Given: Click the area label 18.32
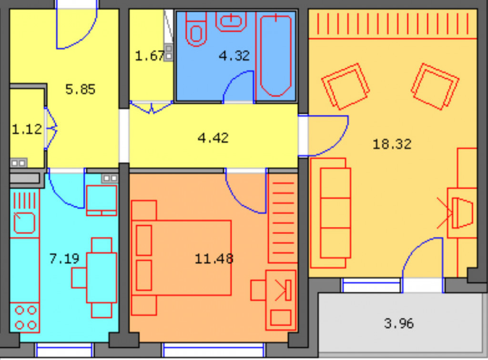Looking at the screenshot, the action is pyautogui.click(x=392, y=144).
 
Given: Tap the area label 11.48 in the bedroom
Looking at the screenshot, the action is pyautogui.click(x=214, y=259).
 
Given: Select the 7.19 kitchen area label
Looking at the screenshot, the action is pyautogui.click(x=64, y=258).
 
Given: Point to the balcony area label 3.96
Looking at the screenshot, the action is pyautogui.click(x=399, y=323).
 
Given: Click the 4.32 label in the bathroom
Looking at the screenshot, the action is pyautogui.click(x=234, y=56).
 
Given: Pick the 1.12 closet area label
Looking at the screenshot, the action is pyautogui.click(x=27, y=129).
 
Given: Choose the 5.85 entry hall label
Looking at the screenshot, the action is pyautogui.click(x=80, y=89).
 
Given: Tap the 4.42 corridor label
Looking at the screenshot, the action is pyautogui.click(x=213, y=138).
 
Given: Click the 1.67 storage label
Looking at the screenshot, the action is pyautogui.click(x=149, y=56).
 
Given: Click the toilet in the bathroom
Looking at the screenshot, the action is pyautogui.click(x=196, y=29).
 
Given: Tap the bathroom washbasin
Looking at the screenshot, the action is pyautogui.click(x=231, y=21).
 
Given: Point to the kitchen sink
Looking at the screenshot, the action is pyautogui.click(x=24, y=223).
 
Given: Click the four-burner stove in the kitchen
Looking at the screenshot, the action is pyautogui.click(x=25, y=318).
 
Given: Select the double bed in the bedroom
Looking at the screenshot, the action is pyautogui.click(x=181, y=258).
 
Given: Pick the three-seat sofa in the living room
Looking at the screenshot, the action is pyautogui.click(x=331, y=213).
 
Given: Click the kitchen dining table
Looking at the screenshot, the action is pyautogui.click(x=102, y=278).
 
